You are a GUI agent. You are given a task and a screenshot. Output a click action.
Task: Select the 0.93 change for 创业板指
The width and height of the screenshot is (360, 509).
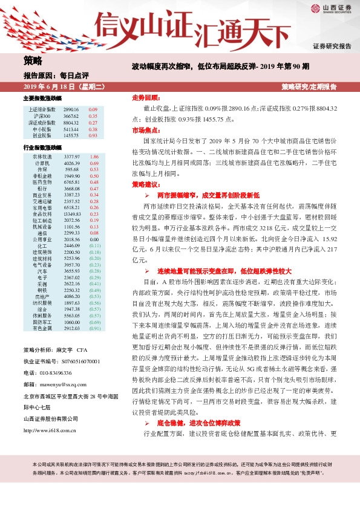pyautogui.click(x=93, y=135)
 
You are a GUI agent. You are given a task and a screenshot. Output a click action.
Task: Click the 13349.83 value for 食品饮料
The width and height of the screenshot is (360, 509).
pyautogui.click(x=71, y=214)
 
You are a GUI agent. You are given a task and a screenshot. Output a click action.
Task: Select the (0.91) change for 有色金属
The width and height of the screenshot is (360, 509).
pyautogui.click(x=94, y=328)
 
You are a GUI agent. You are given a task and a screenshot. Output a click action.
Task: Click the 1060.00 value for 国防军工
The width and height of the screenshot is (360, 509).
pyautogui.click(x=71, y=322)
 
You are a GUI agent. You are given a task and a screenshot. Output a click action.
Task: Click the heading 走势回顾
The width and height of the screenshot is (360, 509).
pyautogui.click(x=145, y=97)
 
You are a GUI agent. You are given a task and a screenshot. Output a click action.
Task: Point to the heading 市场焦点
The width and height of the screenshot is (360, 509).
pyautogui.click(x=145, y=131)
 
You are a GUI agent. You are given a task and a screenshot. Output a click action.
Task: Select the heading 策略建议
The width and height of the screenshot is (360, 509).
pyautogui.click(x=145, y=184)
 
